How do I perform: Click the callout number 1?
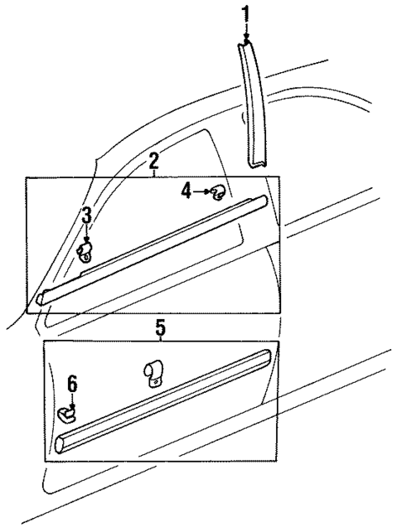[x=245, y=13]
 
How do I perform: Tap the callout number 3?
[x=86, y=216]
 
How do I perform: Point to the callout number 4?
[x=186, y=191]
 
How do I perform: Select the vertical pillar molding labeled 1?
[x=254, y=108]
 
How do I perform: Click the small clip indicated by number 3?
[x=85, y=251]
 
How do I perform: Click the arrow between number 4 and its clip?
[x=201, y=192]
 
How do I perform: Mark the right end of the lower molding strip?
[x=266, y=356]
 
